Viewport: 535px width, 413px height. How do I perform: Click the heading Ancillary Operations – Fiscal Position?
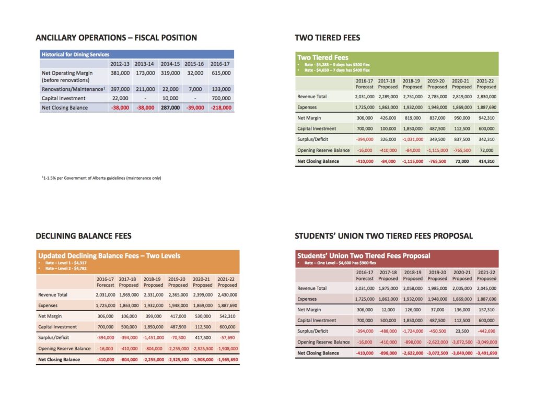pos(117,38)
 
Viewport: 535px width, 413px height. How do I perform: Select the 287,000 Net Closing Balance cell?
pos(170,108)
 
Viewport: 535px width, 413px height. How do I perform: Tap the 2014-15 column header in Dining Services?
pos(170,64)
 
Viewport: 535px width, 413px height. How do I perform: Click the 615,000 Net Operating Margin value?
pos(221,73)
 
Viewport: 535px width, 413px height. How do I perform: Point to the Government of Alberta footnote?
pos(101,178)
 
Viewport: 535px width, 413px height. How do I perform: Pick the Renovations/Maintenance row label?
pos(73,89)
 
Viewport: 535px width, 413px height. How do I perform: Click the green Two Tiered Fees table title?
pos(323,57)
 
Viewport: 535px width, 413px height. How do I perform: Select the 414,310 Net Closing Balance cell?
pos(486,161)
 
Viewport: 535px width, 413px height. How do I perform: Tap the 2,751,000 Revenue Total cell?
pos(413,97)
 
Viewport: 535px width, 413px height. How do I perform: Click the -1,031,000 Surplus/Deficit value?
pos(413,139)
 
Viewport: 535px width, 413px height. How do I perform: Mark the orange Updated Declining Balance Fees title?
pos(109,256)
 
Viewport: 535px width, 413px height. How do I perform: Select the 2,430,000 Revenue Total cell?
pos(227,294)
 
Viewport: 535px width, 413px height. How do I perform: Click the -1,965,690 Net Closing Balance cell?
pos(227,359)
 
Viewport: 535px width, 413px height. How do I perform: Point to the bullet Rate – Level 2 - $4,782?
pos(66,268)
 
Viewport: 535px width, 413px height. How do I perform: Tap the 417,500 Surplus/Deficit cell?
pos(203,338)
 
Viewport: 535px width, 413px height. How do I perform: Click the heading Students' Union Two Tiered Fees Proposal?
pos(384,236)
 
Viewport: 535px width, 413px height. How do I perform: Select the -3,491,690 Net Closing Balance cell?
pos(486,353)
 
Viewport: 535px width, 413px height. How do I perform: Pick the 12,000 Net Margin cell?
pos(388,310)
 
